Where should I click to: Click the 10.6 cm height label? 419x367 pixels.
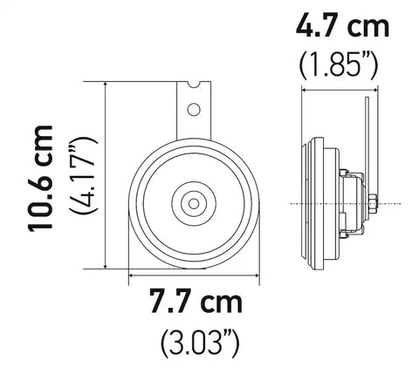click(40, 177)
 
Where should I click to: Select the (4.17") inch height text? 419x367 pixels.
click(86, 177)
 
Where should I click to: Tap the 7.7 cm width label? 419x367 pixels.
click(195, 304)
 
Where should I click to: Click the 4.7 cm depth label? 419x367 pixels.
click(342, 27)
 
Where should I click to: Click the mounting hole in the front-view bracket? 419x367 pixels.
click(195, 109)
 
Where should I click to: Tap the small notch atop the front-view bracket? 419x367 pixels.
click(200, 85)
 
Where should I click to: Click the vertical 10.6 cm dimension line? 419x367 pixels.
click(106, 174)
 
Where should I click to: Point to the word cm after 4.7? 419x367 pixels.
click(368, 27)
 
